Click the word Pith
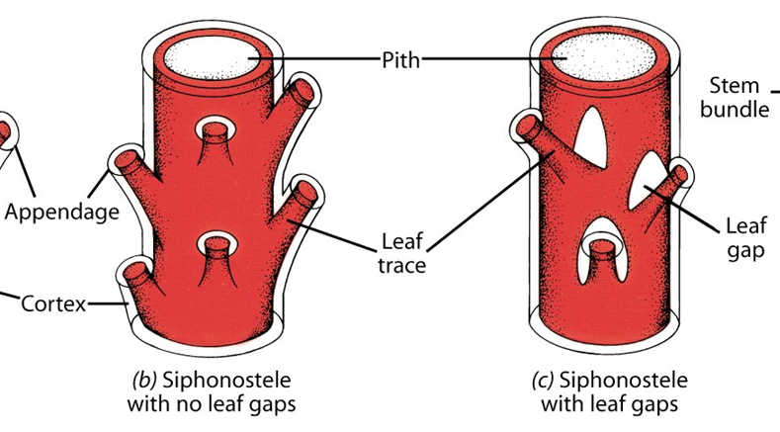point(399,60)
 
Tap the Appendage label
point(61,211)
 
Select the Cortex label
point(54,303)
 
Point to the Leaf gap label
point(743,237)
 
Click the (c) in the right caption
point(540,381)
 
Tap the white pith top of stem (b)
point(212,58)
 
